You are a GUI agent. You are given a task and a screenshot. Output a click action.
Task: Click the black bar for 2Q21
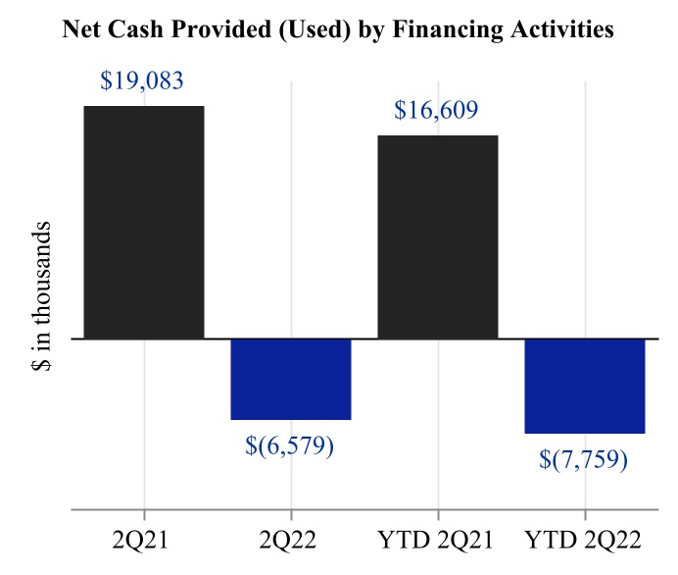click(x=144, y=222)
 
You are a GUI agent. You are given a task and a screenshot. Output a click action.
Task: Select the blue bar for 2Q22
click(x=290, y=379)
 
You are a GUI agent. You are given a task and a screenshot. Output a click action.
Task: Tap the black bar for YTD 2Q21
click(x=437, y=236)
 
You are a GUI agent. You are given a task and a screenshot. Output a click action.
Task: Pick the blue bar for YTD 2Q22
click(x=585, y=386)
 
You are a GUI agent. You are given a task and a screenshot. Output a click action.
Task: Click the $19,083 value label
click(x=142, y=80)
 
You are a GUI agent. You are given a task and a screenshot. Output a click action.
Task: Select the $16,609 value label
click(x=437, y=110)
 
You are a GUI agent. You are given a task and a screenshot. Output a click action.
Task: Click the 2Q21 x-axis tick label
click(x=144, y=541)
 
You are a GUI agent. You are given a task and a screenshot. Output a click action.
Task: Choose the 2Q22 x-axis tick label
click(x=290, y=541)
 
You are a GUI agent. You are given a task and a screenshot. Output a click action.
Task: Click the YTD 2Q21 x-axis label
click(x=437, y=541)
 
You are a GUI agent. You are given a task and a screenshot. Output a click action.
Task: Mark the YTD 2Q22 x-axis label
click(x=585, y=541)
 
